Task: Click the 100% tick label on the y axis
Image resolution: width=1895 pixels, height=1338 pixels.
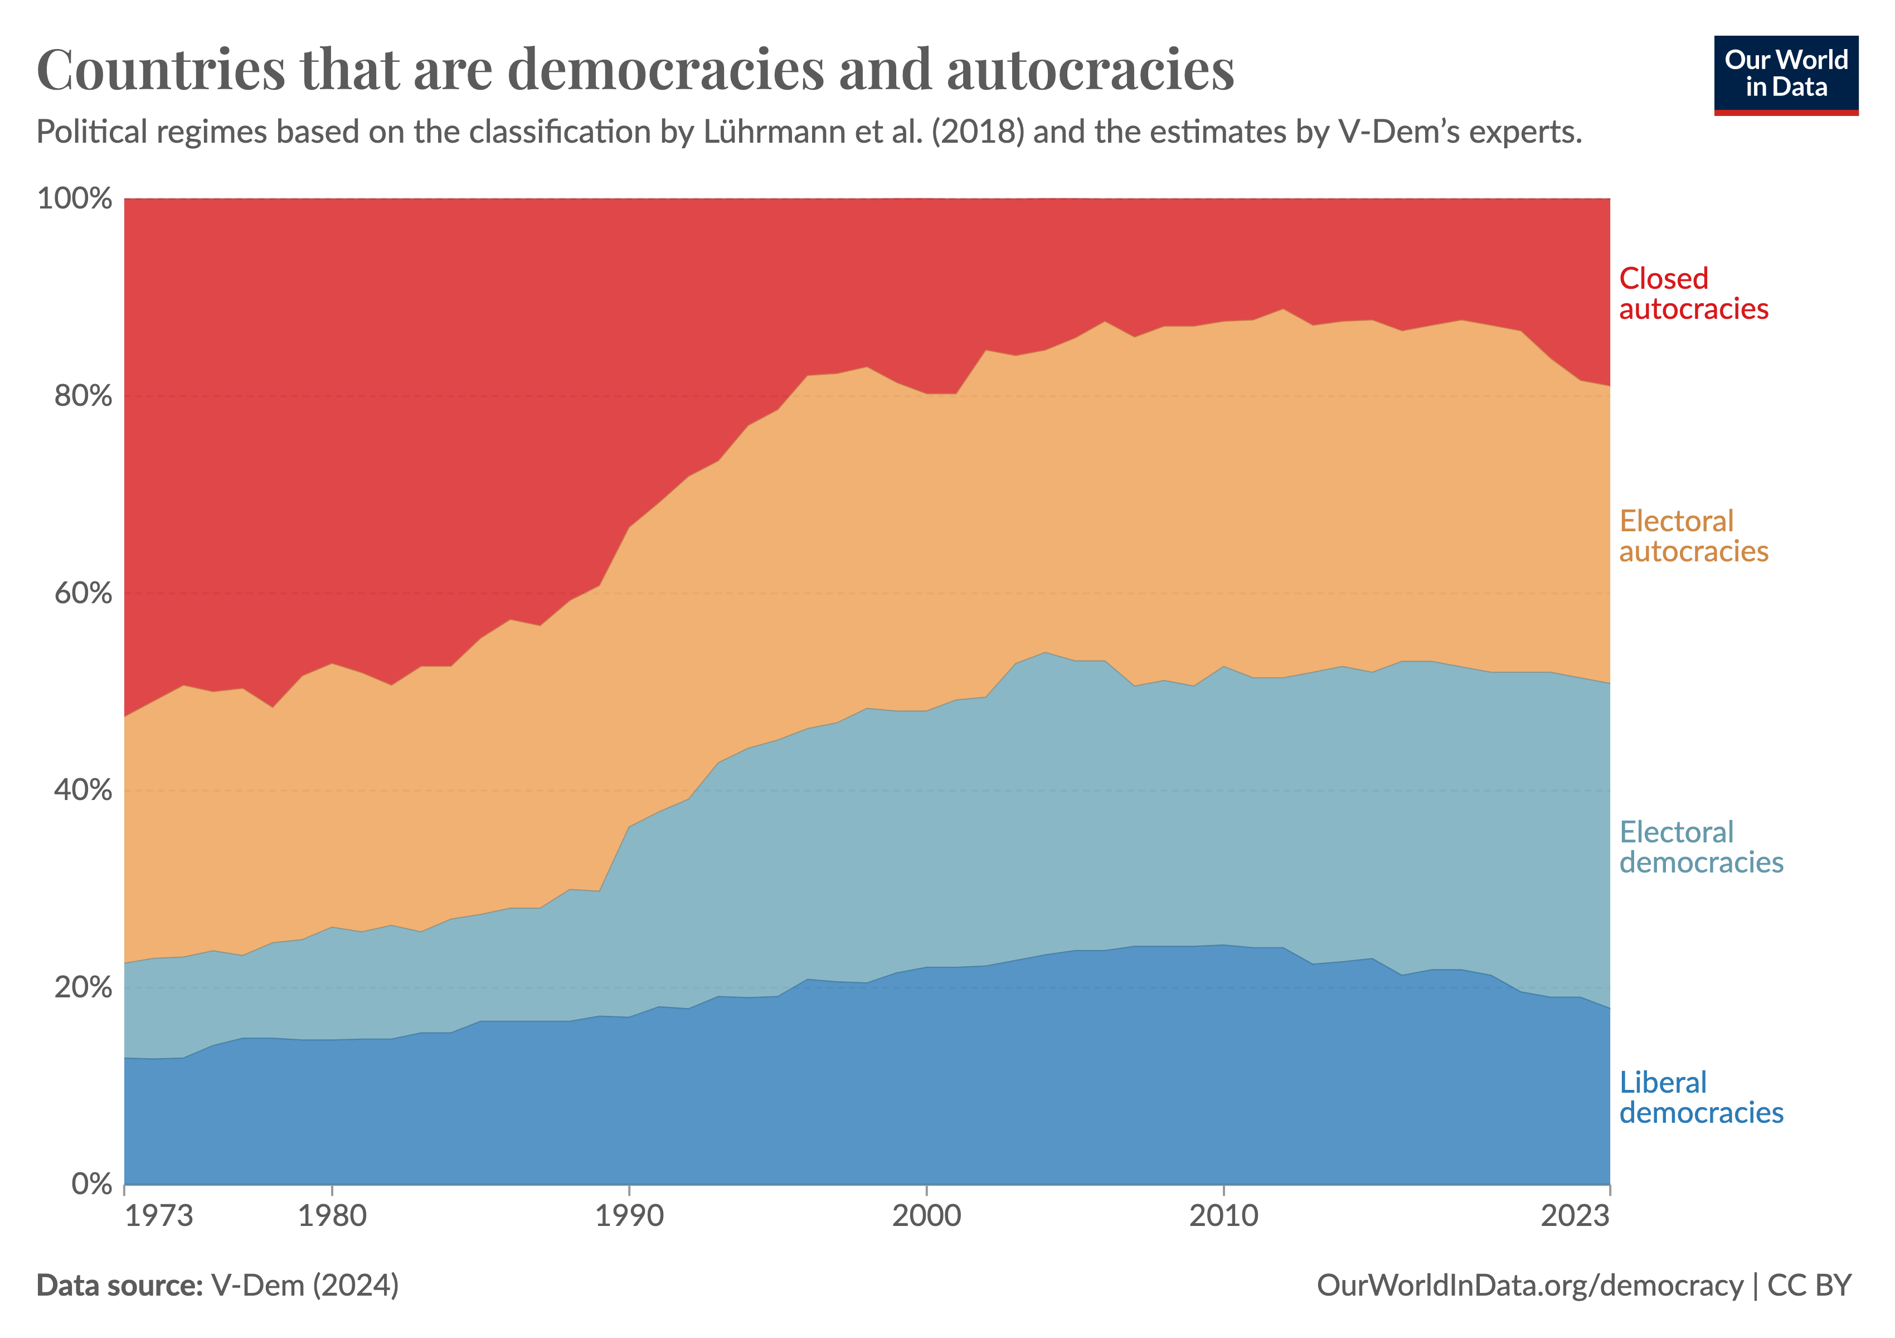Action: coord(74,199)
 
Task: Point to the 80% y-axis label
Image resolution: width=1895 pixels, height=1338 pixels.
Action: coord(82,396)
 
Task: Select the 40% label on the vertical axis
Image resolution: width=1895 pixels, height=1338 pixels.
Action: coord(82,790)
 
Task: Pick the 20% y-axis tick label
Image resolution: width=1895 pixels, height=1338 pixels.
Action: coord(82,987)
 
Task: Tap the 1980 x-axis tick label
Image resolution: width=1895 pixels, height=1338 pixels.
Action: coord(332,1216)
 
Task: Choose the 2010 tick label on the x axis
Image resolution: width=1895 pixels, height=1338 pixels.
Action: coord(1223,1216)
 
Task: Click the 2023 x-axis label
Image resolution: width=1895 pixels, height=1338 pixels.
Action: coord(1575,1216)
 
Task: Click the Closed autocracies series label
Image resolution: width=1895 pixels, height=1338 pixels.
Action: coord(1693,294)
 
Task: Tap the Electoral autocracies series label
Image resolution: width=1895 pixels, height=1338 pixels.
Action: coord(1693,536)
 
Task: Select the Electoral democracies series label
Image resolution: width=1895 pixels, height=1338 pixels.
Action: coord(1700,847)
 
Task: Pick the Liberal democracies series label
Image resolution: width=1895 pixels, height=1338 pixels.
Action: coord(1700,1098)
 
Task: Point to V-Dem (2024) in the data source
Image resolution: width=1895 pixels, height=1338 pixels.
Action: coord(304,1285)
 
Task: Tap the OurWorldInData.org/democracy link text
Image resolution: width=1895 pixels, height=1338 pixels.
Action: coord(1529,1285)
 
